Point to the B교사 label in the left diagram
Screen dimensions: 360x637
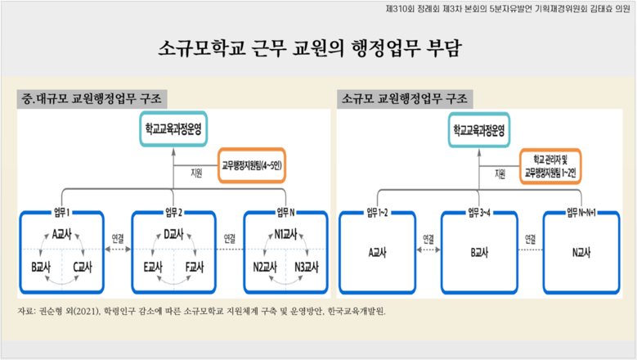coord(40,268)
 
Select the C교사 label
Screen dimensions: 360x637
coord(83,268)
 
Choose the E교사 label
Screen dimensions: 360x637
coord(153,268)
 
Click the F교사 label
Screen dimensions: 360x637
coord(195,268)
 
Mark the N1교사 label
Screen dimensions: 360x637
coord(286,234)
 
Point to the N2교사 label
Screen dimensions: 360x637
coord(264,268)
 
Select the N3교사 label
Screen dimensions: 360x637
coord(308,268)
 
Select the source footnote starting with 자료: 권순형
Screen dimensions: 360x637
coord(200,311)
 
